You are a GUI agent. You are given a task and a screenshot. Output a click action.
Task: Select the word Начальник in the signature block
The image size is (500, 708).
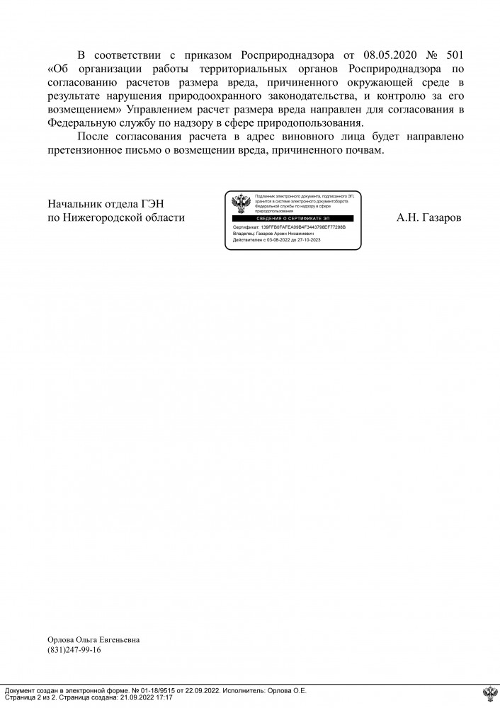(74, 205)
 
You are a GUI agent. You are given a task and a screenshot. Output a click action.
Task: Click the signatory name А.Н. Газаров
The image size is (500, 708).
(429, 218)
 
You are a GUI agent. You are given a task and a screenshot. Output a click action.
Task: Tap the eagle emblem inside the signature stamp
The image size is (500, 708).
(240, 204)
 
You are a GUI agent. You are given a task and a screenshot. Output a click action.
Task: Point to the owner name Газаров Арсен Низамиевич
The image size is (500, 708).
(283, 234)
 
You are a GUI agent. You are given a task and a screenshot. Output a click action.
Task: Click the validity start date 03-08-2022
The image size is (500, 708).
(275, 241)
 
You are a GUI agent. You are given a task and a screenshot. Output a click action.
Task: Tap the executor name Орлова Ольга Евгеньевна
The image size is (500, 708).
(93, 640)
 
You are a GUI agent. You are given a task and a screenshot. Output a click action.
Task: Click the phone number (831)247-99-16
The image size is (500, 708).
(74, 650)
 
